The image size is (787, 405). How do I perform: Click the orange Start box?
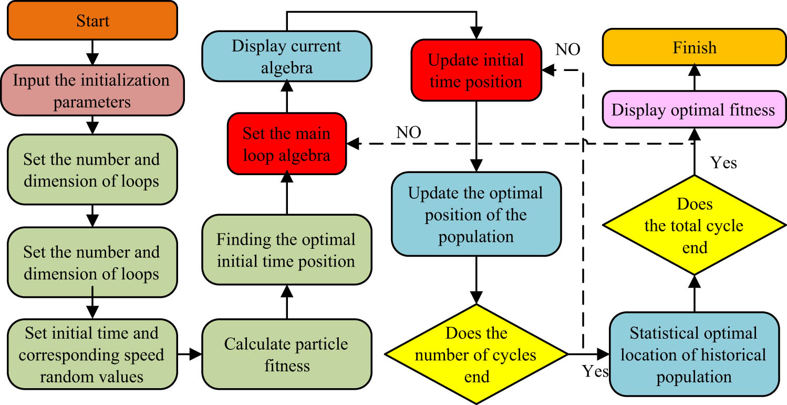[93, 21]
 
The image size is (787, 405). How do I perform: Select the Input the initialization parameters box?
[92, 90]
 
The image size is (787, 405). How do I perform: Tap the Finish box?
[694, 47]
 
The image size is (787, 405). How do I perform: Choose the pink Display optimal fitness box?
[693, 110]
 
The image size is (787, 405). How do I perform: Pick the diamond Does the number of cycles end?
[476, 355]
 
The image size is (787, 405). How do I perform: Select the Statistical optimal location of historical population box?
[693, 355]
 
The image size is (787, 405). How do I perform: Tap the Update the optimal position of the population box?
[476, 215]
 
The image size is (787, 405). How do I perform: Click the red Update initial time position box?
[476, 70]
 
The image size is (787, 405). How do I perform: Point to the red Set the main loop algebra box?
[286, 144]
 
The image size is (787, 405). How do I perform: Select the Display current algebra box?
[286, 57]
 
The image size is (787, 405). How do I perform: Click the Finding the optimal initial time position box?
[286, 250]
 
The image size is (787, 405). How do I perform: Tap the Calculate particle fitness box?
[286, 354]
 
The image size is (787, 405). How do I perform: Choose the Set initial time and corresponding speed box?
[92, 355]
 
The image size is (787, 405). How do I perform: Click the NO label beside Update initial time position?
[567, 50]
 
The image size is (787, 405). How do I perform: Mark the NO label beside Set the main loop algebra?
[409, 133]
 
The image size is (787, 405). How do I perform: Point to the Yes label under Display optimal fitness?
[723, 163]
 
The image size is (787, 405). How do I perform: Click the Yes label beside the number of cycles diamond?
[595, 371]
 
